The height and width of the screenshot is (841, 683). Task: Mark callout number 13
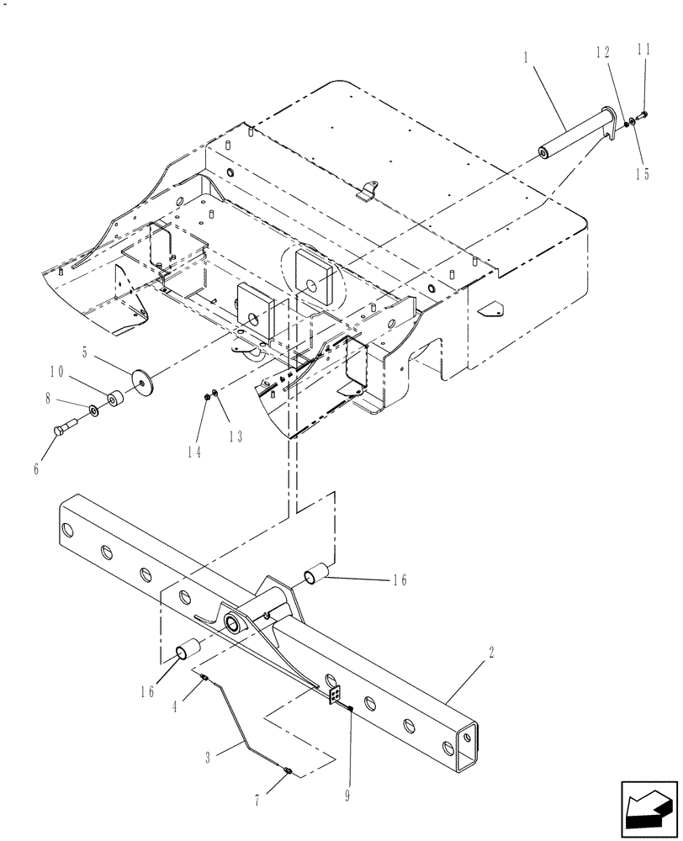pos(234,436)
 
